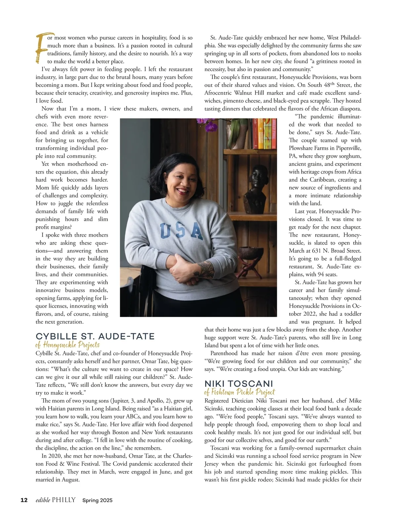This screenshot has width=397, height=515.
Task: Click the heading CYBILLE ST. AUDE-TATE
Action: tap(95, 337)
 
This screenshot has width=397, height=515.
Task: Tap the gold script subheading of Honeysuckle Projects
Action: tap(67, 345)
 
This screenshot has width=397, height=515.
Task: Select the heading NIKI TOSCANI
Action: tap(239, 383)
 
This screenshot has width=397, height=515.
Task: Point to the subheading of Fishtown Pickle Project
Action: tap(240, 392)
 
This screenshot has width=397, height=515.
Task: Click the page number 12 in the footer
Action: tap(24, 500)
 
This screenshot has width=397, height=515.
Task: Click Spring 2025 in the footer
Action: tap(98, 500)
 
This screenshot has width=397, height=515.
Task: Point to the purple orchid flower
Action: tap(207, 125)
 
